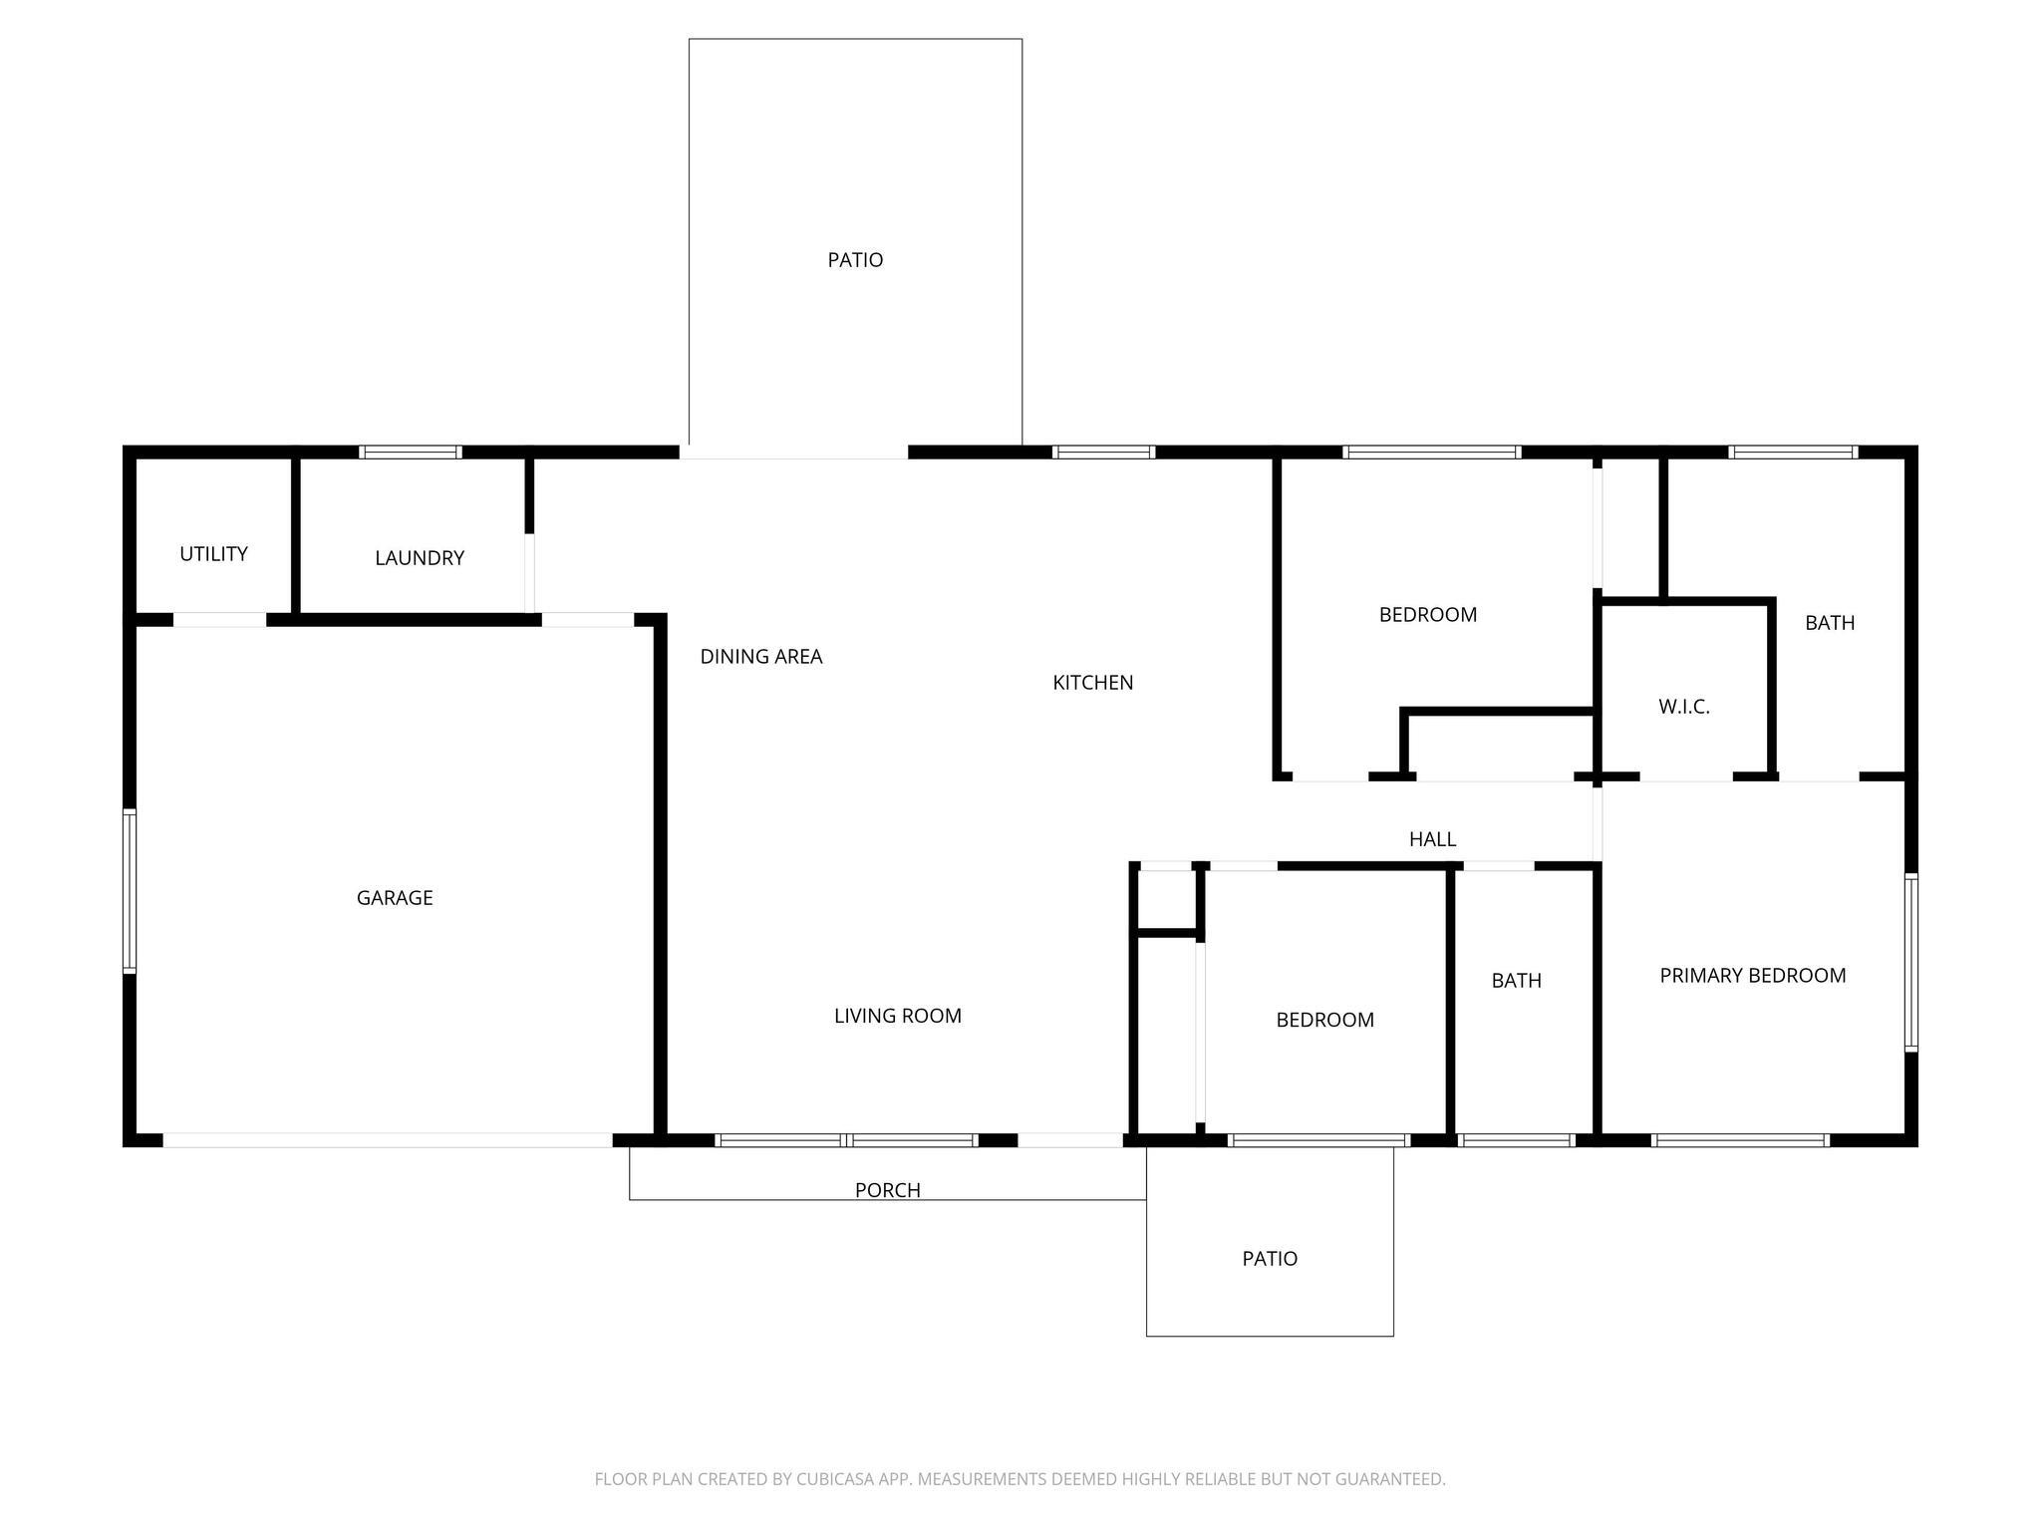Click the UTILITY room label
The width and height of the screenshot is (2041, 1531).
point(213,554)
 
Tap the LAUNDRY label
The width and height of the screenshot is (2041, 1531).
point(420,558)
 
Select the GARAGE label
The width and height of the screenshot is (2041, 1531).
point(395,898)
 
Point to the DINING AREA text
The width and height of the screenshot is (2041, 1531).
point(761,657)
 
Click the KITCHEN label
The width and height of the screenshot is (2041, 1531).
point(1093,683)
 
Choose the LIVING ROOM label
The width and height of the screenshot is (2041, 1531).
point(898,1016)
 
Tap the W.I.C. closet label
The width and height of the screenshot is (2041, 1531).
point(1684,707)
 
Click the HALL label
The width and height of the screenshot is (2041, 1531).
point(1433,839)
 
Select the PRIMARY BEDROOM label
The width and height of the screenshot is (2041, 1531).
point(1753,976)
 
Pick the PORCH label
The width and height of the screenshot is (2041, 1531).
point(888,1190)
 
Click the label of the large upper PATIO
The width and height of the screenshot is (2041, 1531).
point(855,260)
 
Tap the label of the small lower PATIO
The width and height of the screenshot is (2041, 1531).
point(1270,1259)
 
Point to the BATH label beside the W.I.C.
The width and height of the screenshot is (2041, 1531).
point(1830,623)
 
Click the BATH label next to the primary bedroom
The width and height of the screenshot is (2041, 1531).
point(1517,981)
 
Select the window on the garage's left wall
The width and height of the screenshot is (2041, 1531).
point(130,891)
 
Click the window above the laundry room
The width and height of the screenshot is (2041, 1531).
point(411,453)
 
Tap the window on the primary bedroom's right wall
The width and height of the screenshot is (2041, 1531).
point(1911,962)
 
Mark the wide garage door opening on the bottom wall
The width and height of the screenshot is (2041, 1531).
point(388,1140)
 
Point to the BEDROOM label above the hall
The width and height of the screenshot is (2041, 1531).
point(1428,615)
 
